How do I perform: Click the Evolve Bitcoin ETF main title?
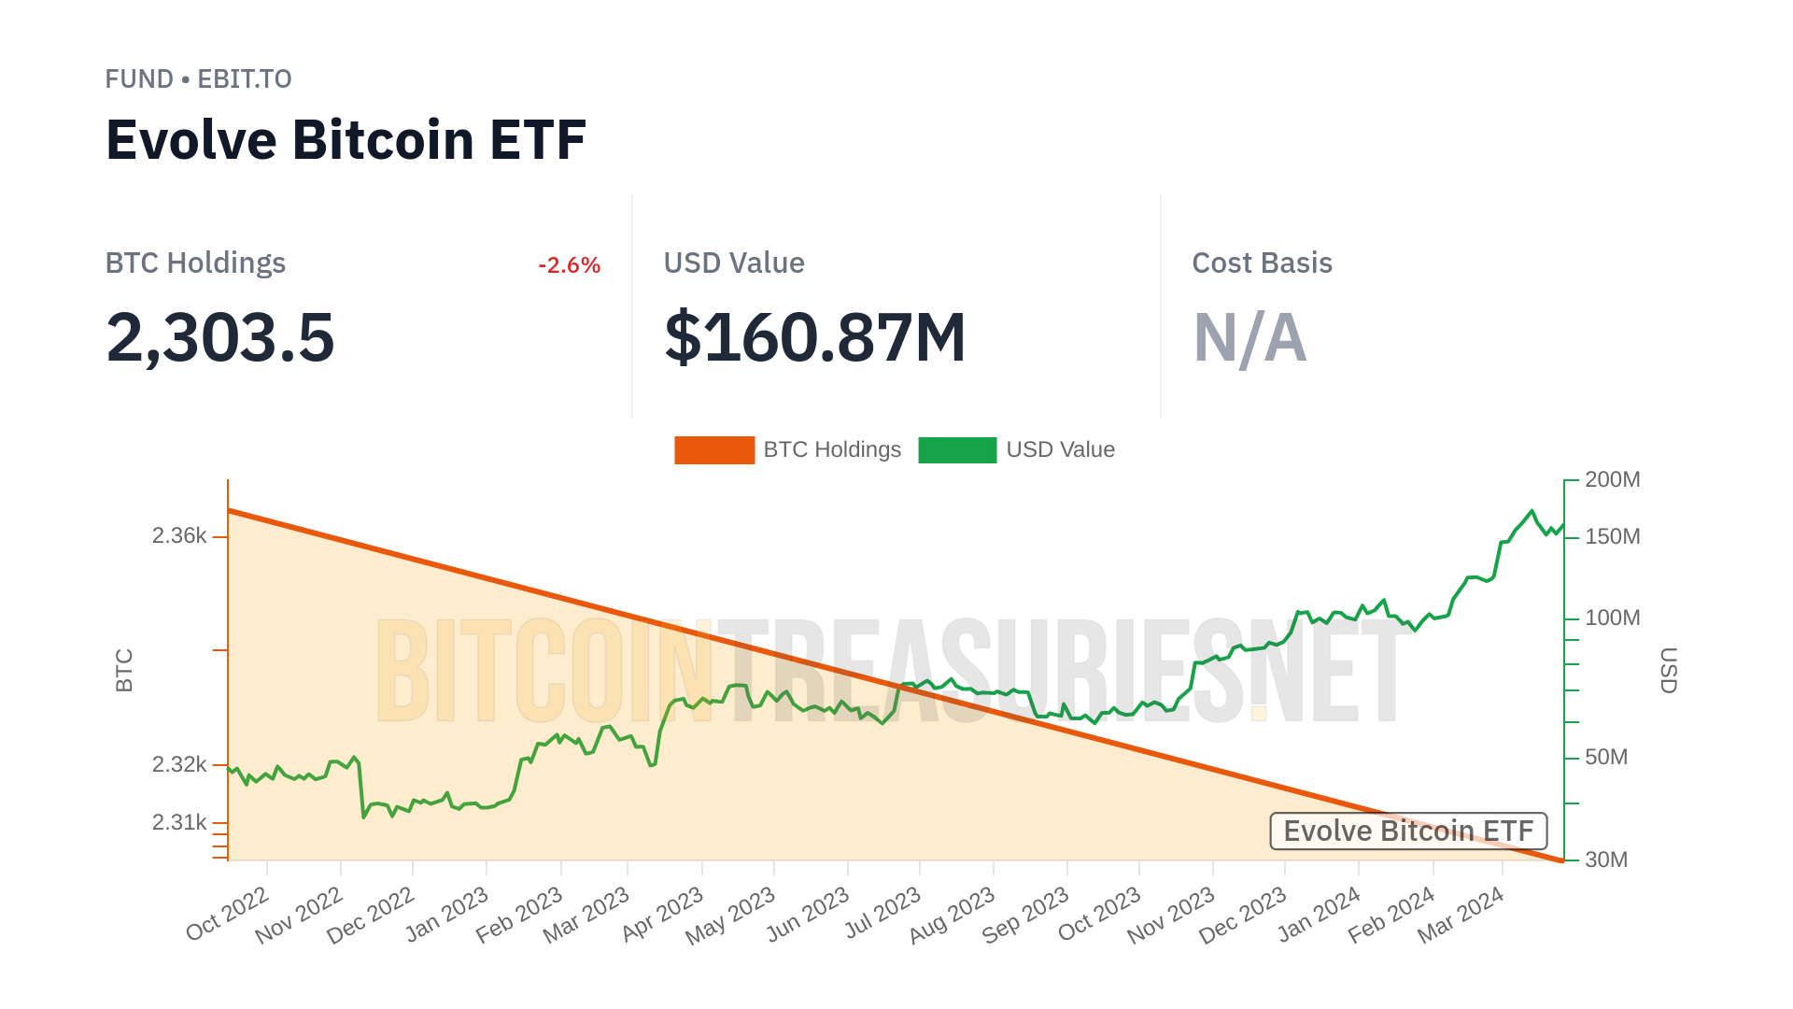[x=346, y=140]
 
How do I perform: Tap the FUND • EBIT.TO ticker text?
[x=198, y=79]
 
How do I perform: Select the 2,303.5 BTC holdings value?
[x=220, y=337]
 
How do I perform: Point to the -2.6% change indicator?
[x=569, y=265]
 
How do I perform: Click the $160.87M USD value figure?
[x=814, y=337]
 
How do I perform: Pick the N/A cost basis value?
[x=1249, y=337]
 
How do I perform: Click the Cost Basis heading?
[x=1262, y=263]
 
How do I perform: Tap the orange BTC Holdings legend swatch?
[x=714, y=450]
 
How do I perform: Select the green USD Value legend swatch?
[x=957, y=450]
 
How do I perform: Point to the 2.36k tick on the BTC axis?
[x=179, y=536]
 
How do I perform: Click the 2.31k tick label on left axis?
[x=179, y=822]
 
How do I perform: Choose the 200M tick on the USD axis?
[x=1612, y=480]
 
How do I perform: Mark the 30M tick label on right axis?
[x=1606, y=860]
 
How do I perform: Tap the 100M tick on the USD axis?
[x=1612, y=618]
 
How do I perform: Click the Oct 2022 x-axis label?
[x=228, y=915]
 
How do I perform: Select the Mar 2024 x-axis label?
[x=1461, y=916]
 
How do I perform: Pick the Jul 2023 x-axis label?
[x=883, y=915]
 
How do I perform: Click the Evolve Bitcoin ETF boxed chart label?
[x=1408, y=831]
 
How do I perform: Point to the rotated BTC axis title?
[x=124, y=670]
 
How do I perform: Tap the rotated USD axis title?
[x=1669, y=670]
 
